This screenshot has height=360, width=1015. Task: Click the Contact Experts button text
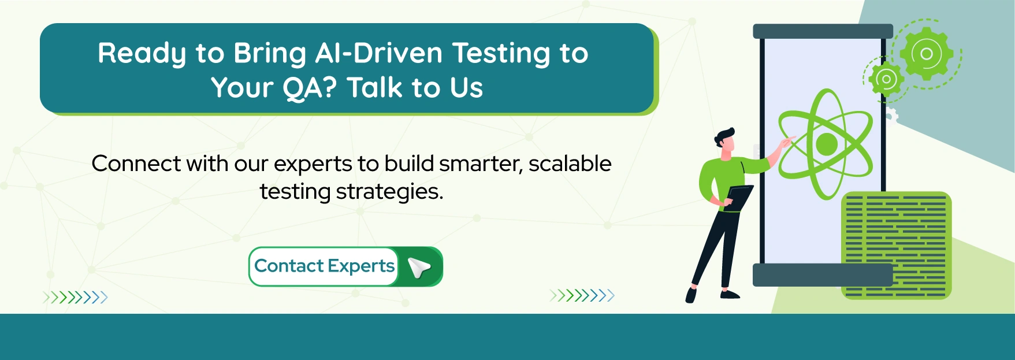coord(324,266)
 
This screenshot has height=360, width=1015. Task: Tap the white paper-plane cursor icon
coord(419,267)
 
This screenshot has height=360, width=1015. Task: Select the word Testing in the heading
coord(502,53)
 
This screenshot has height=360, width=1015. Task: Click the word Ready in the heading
coord(142,54)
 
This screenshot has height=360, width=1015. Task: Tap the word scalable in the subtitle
coord(570,164)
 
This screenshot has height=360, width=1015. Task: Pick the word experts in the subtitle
coord(313,164)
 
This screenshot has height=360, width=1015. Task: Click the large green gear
coord(926,54)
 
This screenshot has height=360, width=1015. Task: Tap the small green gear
coord(886,79)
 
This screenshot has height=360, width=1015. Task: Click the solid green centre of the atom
coord(826,144)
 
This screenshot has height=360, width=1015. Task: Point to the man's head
coord(726,142)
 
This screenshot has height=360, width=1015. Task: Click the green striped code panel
coord(896,246)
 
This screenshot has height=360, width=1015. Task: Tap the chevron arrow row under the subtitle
coord(582,296)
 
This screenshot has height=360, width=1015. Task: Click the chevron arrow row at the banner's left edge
coord(75,298)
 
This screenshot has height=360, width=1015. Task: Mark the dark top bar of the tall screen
coord(823,31)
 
